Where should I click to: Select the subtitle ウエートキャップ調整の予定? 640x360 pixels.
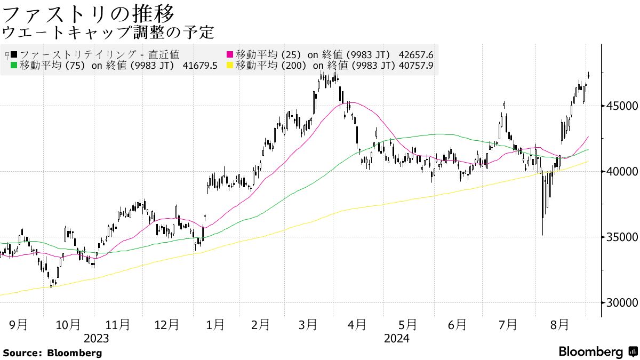tap(108, 33)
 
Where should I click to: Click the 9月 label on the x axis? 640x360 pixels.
tap(19, 325)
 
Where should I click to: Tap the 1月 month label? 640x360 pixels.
tap(215, 325)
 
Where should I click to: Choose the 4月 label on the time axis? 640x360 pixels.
tap(357, 325)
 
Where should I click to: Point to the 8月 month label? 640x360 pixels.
tap(559, 325)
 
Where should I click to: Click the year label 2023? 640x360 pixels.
tap(97, 338)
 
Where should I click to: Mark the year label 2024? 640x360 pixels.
tap(396, 338)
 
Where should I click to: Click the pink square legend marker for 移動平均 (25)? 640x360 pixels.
tap(230, 54)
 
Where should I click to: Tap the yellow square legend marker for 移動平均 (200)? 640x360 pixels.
tap(230, 66)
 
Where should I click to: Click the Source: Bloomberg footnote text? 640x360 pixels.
tap(52, 353)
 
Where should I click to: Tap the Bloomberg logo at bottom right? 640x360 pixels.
tap(598, 352)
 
